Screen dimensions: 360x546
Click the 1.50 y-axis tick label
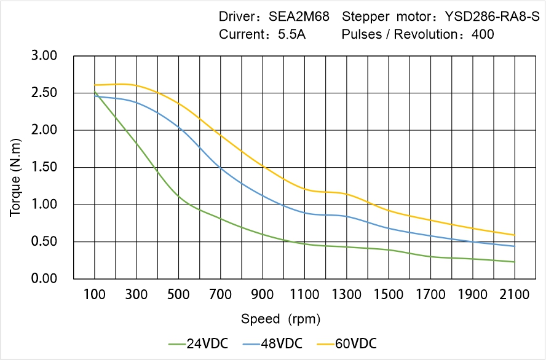coord(44,167)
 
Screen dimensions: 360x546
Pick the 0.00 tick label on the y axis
coord(44,279)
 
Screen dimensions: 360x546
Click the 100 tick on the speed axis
coord(95,295)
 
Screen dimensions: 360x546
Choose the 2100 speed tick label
coord(515,295)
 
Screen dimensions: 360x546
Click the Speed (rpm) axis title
coord(280,319)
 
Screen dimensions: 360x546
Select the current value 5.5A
coord(291,34)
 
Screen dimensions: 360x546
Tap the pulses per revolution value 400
coord(483,34)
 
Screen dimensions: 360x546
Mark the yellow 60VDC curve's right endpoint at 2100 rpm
coord(515,235)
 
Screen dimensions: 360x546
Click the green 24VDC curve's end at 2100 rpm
coord(515,262)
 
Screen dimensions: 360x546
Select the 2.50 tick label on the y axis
coord(44,93)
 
